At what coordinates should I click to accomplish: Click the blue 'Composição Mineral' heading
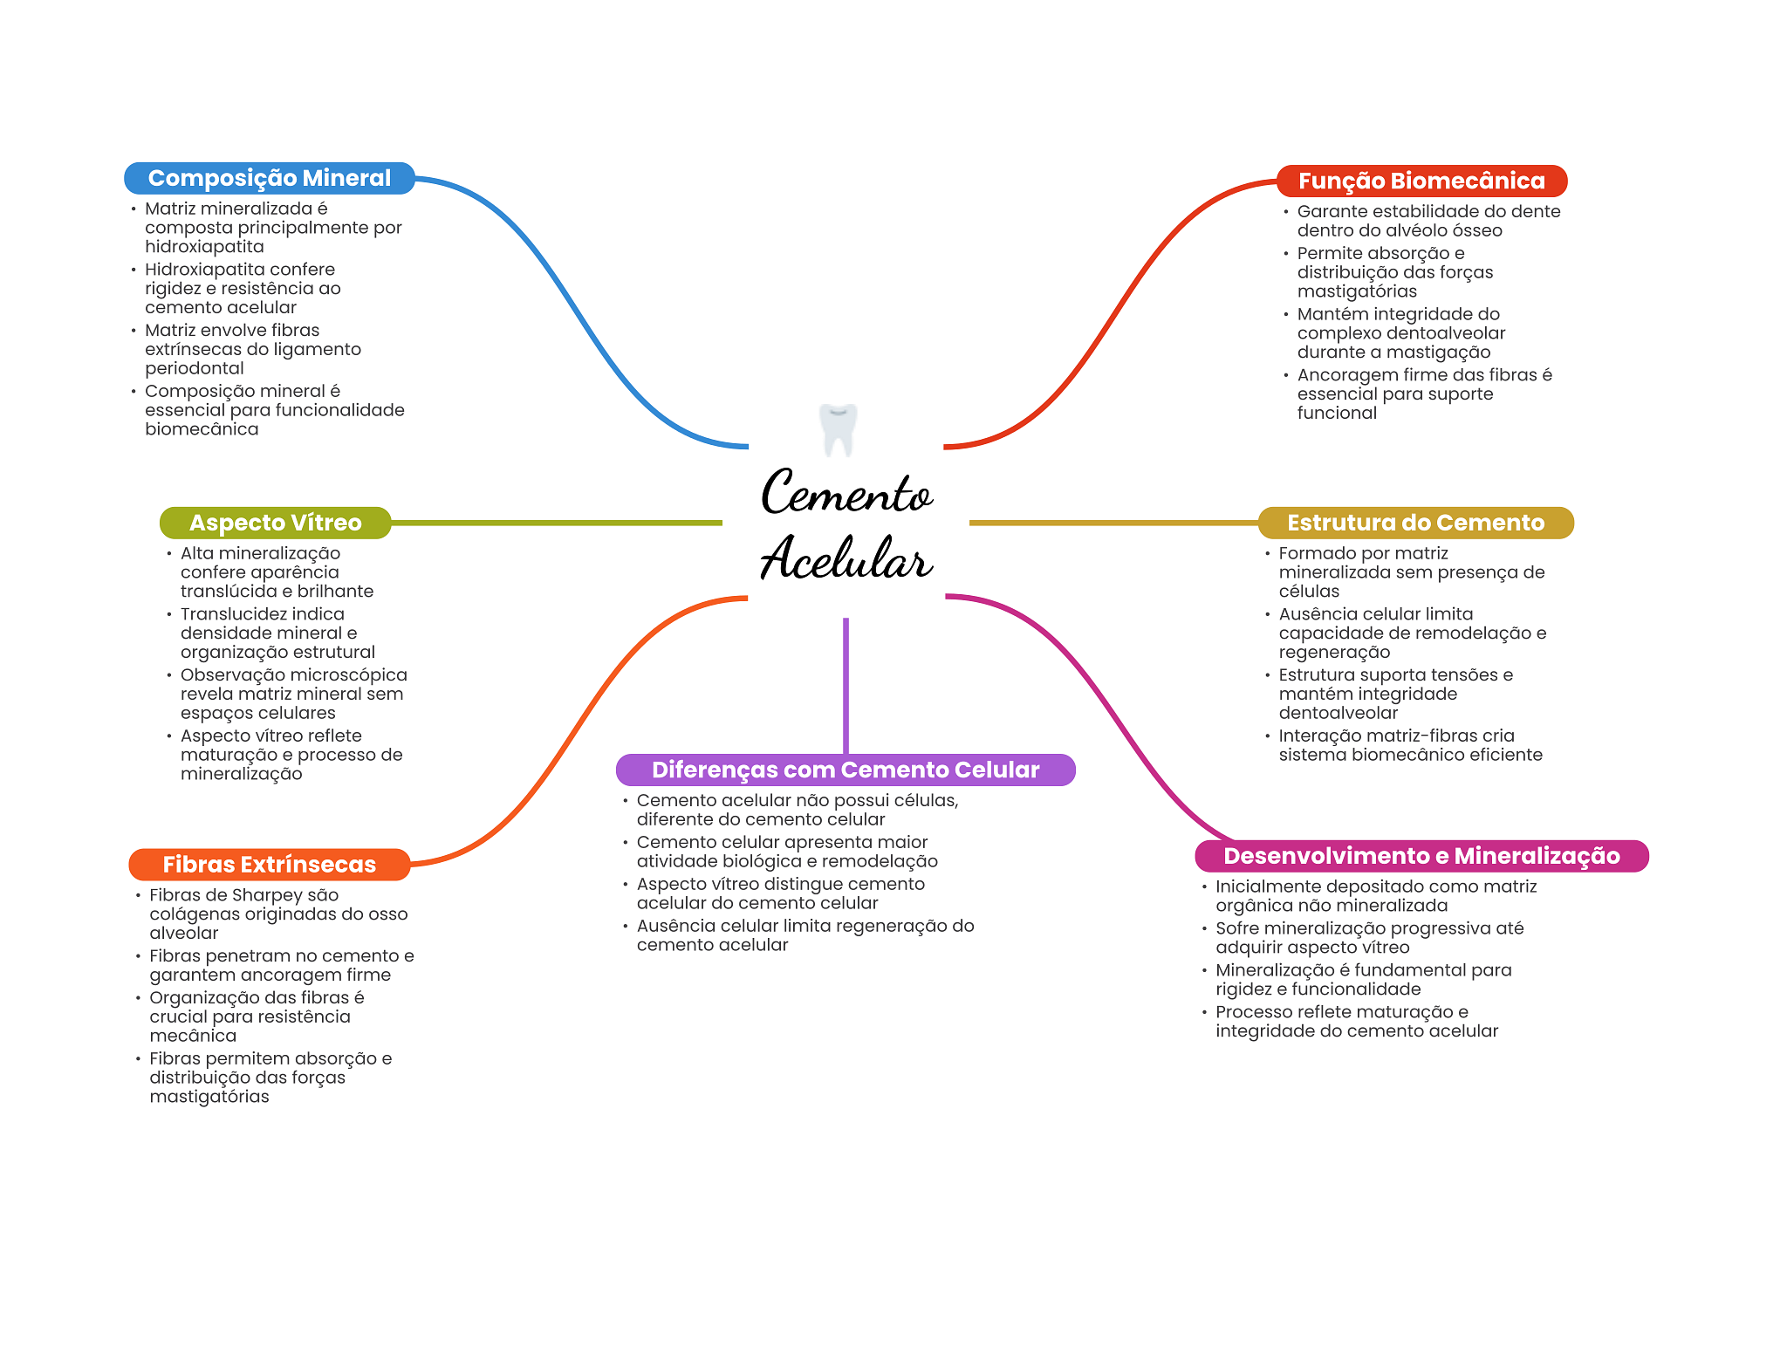(x=270, y=178)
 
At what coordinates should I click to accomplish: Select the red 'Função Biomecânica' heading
(x=1421, y=181)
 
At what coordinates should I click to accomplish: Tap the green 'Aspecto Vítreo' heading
(x=275, y=523)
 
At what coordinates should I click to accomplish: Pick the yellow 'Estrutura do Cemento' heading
(x=1415, y=523)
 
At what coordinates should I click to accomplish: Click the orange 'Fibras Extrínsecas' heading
(x=269, y=865)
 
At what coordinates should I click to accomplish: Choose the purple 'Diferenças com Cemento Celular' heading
(x=846, y=770)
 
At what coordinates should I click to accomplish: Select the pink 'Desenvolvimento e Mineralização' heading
(x=1421, y=856)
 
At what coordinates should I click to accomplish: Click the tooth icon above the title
(x=839, y=429)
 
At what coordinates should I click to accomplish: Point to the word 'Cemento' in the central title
(x=846, y=492)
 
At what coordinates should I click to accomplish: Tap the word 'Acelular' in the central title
(x=846, y=558)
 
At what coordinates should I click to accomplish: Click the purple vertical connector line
(x=846, y=686)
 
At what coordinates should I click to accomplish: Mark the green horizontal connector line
(x=557, y=523)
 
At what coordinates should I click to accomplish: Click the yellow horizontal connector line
(x=1113, y=523)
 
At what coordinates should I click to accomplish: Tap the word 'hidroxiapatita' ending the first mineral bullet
(x=204, y=247)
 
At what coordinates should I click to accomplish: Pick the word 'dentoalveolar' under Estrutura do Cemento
(x=1339, y=713)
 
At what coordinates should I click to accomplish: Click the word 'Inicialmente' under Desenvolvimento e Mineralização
(x=1270, y=886)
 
